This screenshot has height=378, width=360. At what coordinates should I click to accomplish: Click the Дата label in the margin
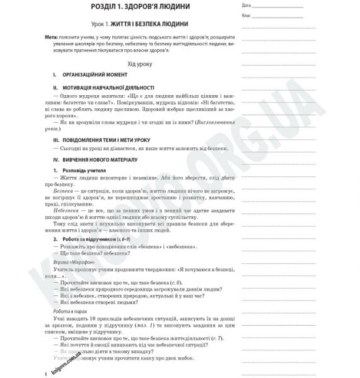pyautogui.click(x=247, y=4)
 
